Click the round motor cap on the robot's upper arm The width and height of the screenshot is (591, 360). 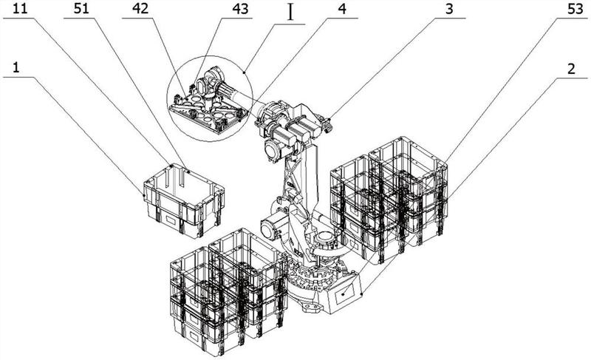click(270, 148)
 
